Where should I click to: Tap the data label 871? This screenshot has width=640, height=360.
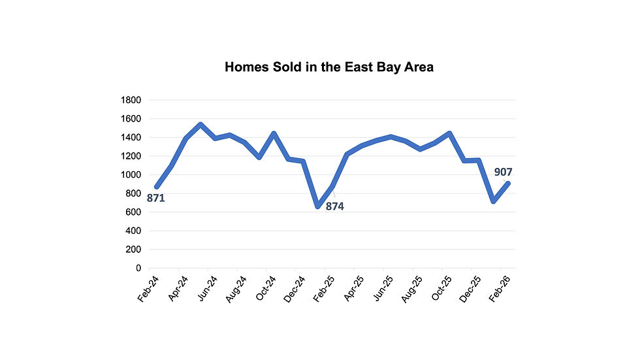tap(155, 197)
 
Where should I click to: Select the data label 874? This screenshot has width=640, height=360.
tap(335, 206)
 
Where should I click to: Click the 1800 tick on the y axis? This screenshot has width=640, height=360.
tap(131, 100)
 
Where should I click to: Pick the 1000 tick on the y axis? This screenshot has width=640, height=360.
tap(131, 175)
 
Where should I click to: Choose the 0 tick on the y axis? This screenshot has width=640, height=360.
tap(138, 269)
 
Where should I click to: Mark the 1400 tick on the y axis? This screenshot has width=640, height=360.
tap(131, 138)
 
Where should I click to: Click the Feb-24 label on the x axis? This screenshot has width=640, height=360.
tap(148, 288)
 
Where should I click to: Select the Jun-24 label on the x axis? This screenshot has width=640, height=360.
tap(206, 288)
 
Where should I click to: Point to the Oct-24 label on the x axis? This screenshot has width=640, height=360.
tap(265, 288)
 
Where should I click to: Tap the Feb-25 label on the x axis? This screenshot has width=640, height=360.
tap(324, 288)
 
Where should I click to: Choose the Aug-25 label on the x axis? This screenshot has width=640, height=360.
tap(411, 288)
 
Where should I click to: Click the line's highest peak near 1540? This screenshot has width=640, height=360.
tap(200, 124)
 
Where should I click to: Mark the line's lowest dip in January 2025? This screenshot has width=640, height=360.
tap(317, 206)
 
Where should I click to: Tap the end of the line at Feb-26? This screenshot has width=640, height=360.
tap(508, 184)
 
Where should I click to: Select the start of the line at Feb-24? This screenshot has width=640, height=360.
tap(156, 187)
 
